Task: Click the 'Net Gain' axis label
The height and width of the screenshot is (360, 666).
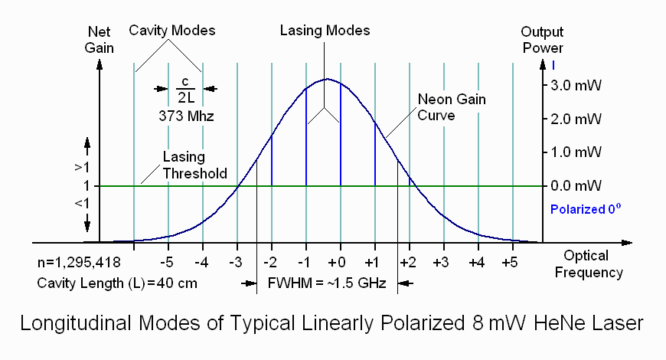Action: click(100, 41)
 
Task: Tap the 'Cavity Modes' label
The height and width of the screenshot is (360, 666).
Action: click(171, 31)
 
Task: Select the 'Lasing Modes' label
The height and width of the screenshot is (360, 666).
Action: click(325, 31)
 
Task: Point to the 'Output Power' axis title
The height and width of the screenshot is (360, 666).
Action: click(543, 41)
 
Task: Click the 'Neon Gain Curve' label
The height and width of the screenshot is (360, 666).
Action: click(452, 107)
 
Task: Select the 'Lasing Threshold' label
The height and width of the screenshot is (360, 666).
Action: click(194, 165)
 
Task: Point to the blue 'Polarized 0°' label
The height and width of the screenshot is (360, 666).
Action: click(583, 208)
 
